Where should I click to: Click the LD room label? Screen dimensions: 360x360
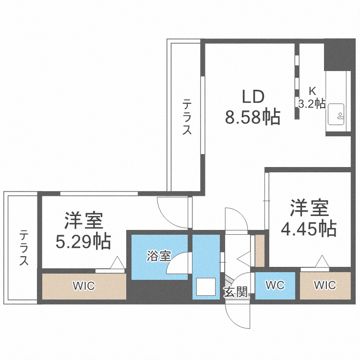point(252,97)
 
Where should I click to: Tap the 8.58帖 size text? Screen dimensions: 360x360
point(252,117)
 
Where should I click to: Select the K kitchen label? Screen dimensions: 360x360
point(312,90)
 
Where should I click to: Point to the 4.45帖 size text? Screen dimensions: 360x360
point(308,228)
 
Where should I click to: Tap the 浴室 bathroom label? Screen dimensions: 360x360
point(159,256)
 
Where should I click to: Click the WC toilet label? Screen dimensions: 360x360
point(275,286)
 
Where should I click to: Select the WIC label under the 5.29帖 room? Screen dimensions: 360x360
point(84,287)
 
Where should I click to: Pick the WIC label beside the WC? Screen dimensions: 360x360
point(325,286)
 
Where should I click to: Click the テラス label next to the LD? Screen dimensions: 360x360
point(187,117)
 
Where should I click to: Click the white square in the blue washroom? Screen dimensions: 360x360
point(205,287)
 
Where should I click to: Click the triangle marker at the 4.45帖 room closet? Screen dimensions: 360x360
point(321,263)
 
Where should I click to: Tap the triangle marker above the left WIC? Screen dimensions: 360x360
point(117,264)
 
